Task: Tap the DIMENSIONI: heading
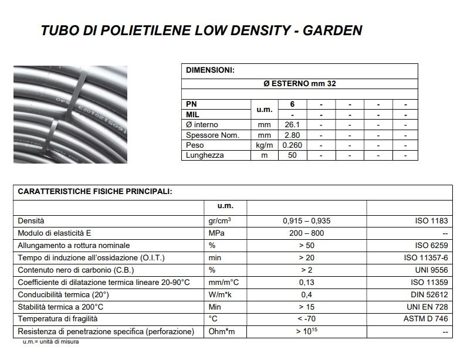point(210,70)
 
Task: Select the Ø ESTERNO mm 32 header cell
point(300,84)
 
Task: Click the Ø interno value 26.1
point(292,125)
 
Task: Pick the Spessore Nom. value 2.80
point(292,135)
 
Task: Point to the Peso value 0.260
point(292,145)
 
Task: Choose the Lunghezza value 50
point(292,155)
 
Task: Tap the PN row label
point(192,104)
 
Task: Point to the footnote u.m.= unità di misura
point(50,341)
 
